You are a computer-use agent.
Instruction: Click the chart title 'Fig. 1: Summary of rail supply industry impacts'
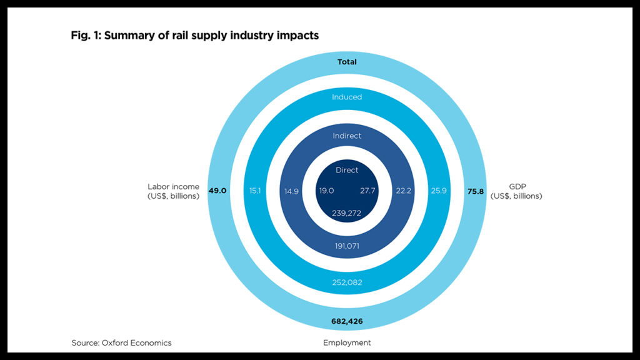(x=194, y=36)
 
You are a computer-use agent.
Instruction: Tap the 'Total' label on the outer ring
(x=347, y=62)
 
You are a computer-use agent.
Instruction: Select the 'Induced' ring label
(x=347, y=97)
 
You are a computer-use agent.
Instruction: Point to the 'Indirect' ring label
(x=347, y=136)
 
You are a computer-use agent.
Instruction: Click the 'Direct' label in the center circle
(x=347, y=170)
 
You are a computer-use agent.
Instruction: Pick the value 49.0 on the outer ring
(x=217, y=191)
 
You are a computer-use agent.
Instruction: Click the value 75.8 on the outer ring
(x=476, y=191)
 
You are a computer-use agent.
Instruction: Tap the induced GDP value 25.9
(x=438, y=191)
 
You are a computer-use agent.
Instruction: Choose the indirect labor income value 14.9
(x=291, y=191)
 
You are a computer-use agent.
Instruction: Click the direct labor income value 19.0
(x=326, y=191)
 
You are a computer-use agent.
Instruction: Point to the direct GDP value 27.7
(x=368, y=191)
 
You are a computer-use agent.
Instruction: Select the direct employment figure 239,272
(x=347, y=213)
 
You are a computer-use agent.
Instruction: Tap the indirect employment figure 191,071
(x=347, y=246)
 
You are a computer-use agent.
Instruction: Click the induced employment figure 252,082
(x=347, y=282)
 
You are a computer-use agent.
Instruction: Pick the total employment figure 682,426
(x=347, y=321)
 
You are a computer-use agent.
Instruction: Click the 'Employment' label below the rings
(x=347, y=342)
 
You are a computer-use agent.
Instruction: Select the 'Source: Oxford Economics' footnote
(x=121, y=342)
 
